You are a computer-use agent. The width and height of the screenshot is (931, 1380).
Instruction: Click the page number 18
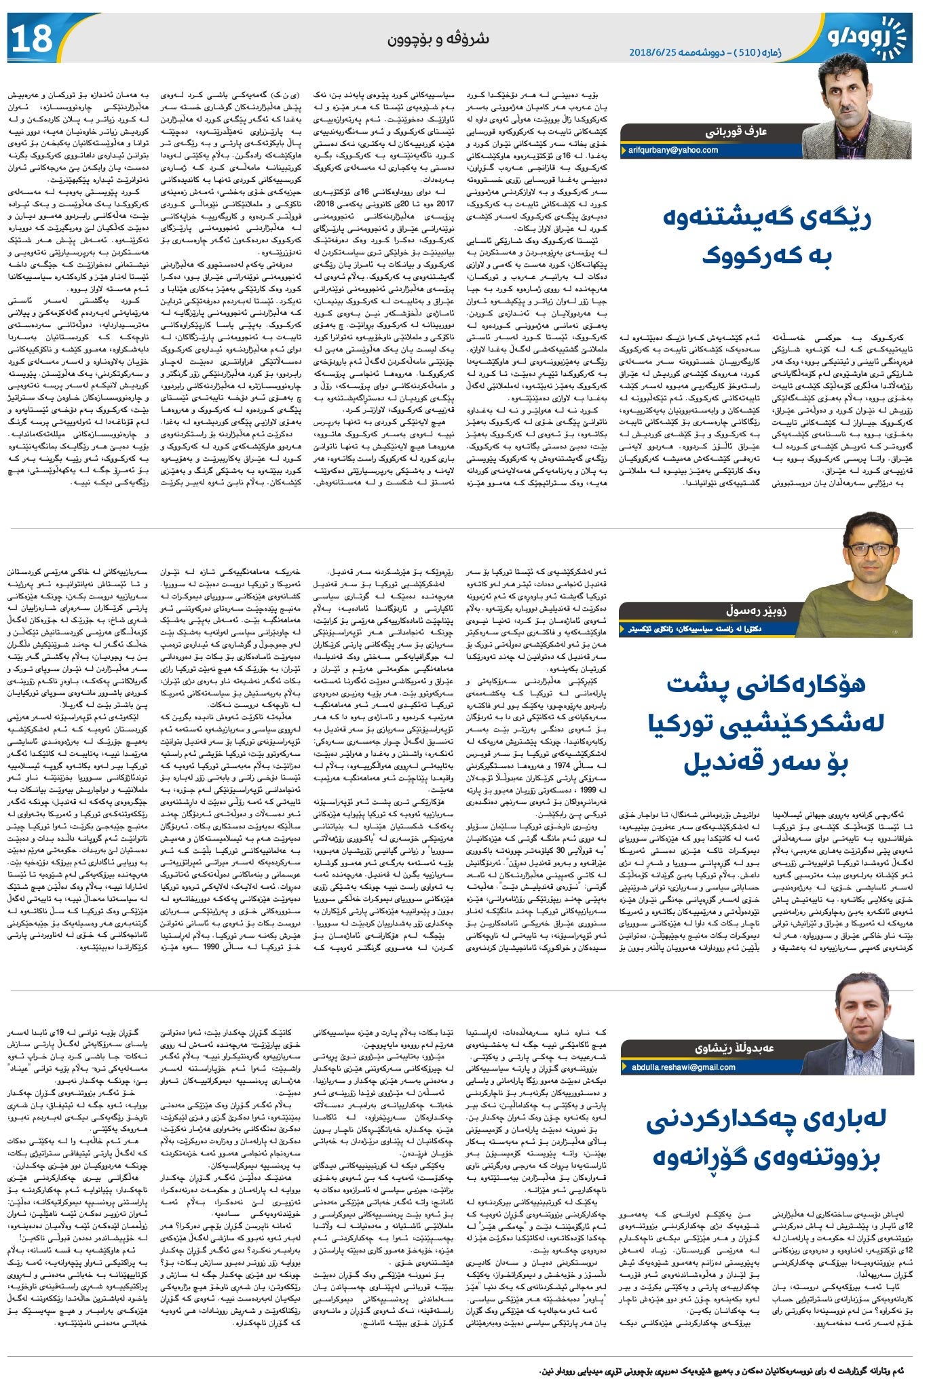click(x=33, y=39)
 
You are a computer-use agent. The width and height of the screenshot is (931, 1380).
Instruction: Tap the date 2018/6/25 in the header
click(x=657, y=52)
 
